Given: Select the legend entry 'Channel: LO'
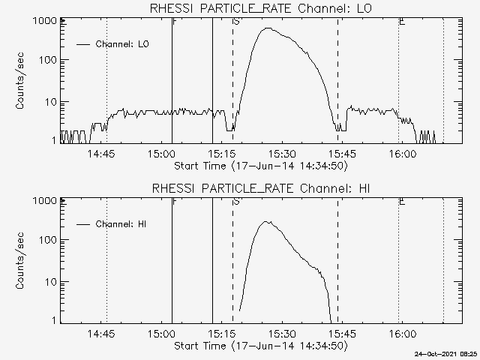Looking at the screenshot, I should pyautogui.click(x=122, y=44).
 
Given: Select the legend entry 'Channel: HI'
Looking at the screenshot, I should pyautogui.click(x=121, y=223).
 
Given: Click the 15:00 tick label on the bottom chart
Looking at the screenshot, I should pyautogui.click(x=161, y=333).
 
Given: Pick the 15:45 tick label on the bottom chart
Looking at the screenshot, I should pyautogui.click(x=342, y=333).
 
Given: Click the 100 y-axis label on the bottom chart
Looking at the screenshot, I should pyautogui.click(x=49, y=241).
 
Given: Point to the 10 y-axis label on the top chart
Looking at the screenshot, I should pyautogui.click(x=51, y=101).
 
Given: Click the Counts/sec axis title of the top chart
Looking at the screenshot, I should pyautogui.click(x=20, y=81).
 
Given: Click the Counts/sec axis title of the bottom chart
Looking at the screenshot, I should pyautogui.click(x=20, y=260).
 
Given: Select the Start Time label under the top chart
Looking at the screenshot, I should pyautogui.click(x=259, y=165).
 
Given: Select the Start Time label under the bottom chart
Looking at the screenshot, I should pyautogui.click(x=259, y=345).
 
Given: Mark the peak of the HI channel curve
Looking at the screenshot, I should pyautogui.click(x=266, y=221).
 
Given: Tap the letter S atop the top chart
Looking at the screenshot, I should pyautogui.click(x=236, y=22).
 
